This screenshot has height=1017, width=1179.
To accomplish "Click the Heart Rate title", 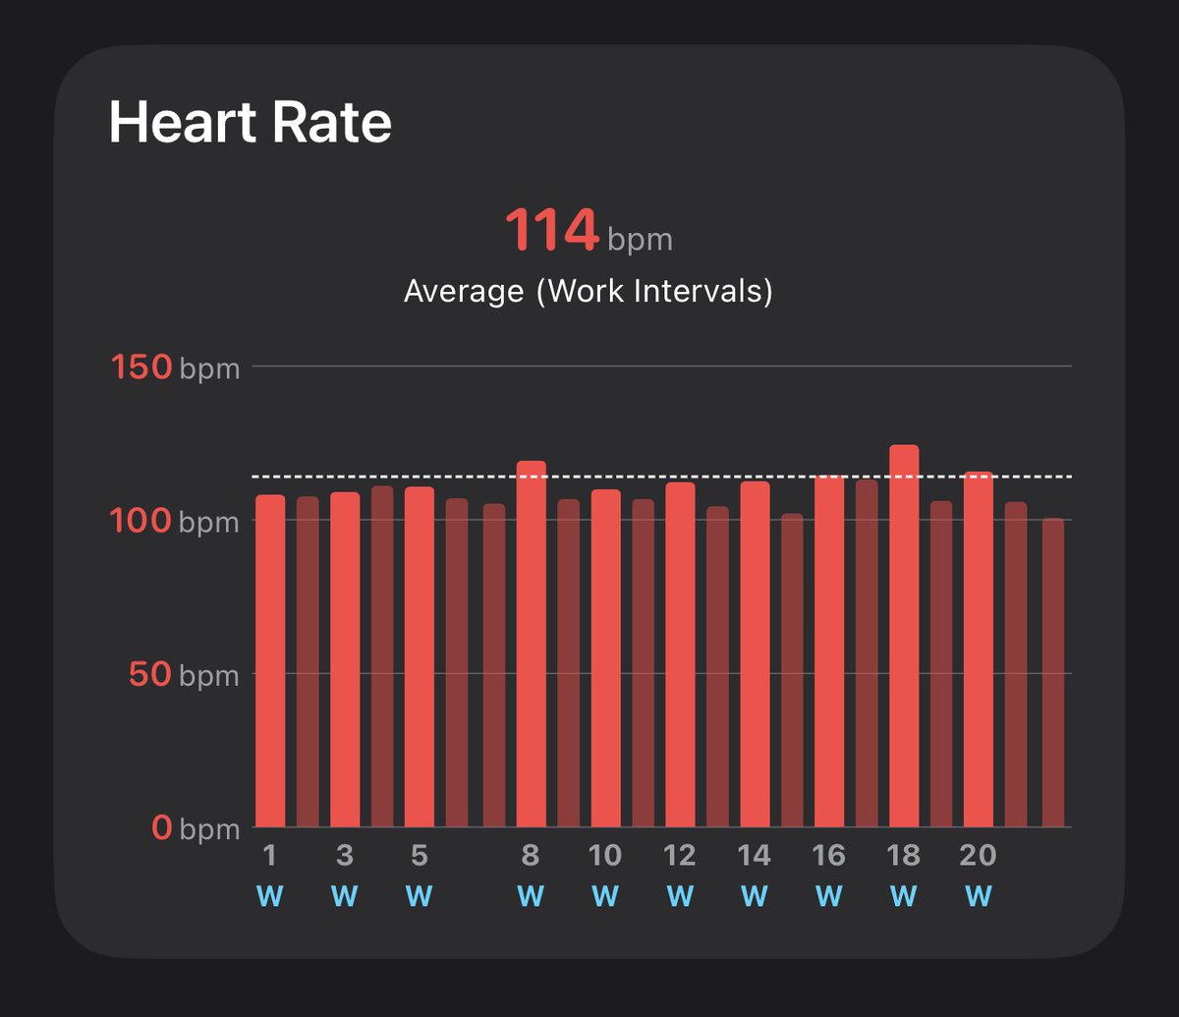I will [x=250, y=124].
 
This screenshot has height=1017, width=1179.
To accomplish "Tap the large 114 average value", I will [x=551, y=232].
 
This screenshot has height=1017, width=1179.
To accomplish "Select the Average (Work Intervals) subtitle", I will [x=588, y=291].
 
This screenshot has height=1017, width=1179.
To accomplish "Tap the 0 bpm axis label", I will [x=196, y=829].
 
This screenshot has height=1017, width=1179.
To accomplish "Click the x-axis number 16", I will [x=829, y=856].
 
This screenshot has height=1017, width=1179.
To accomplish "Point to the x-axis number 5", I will [x=420, y=856].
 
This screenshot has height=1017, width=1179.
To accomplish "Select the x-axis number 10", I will [x=605, y=856].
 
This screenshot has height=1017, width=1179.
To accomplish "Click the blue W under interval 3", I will [x=345, y=896].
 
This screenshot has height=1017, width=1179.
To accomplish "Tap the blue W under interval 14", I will [x=755, y=896].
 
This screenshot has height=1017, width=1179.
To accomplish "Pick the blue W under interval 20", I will [x=979, y=896].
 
